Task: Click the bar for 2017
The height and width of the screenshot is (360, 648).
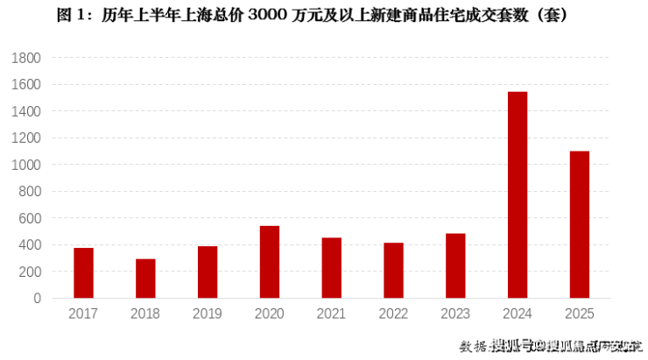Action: [83, 273]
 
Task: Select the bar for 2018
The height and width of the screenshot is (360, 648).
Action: [145, 279]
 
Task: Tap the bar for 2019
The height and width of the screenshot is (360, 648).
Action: [208, 272]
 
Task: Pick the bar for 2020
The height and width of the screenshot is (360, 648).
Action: [270, 262]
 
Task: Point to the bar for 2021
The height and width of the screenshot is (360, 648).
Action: [332, 268]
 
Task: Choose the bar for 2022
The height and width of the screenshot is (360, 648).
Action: [393, 271]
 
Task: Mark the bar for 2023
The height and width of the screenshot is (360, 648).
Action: [455, 266]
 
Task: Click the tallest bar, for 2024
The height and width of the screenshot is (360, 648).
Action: [518, 195]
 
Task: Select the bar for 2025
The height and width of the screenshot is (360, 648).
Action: [580, 225]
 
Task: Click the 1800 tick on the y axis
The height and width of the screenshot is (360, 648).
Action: [26, 58]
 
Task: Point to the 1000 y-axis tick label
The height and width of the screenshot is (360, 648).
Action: [26, 165]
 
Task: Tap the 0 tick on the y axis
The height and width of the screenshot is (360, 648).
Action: [37, 299]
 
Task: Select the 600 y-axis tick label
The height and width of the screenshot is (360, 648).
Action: [30, 218]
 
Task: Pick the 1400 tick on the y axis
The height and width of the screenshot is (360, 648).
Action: [26, 111]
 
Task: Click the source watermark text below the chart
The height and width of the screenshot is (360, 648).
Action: [552, 345]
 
